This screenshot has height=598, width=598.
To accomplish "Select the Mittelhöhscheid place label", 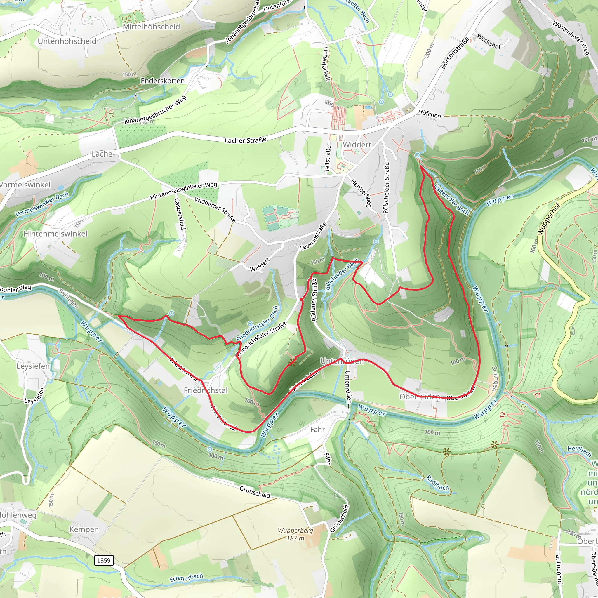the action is pyautogui.click(x=151, y=27).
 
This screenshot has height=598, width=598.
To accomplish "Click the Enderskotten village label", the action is pyautogui.click(x=163, y=81).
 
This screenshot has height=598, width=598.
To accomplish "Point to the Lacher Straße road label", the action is pyautogui.click(x=246, y=140).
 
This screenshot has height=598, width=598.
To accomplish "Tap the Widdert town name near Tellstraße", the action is pyautogui.click(x=357, y=145).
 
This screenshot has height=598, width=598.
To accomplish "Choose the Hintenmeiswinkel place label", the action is pyautogui.click(x=56, y=234).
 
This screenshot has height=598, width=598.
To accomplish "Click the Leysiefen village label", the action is pyautogui.click(x=33, y=366).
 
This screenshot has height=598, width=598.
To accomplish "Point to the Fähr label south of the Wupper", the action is pyautogui.click(x=317, y=429).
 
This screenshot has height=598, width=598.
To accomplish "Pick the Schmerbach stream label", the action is pyautogui.click(x=186, y=578).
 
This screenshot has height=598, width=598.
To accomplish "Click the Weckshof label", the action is pyautogui.click(x=489, y=41).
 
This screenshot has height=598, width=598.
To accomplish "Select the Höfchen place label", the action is pyautogui.click(x=429, y=114).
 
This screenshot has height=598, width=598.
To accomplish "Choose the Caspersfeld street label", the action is pyautogui.click(x=180, y=213).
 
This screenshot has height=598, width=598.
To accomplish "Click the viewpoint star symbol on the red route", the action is pyautogui.click(x=292, y=362).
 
